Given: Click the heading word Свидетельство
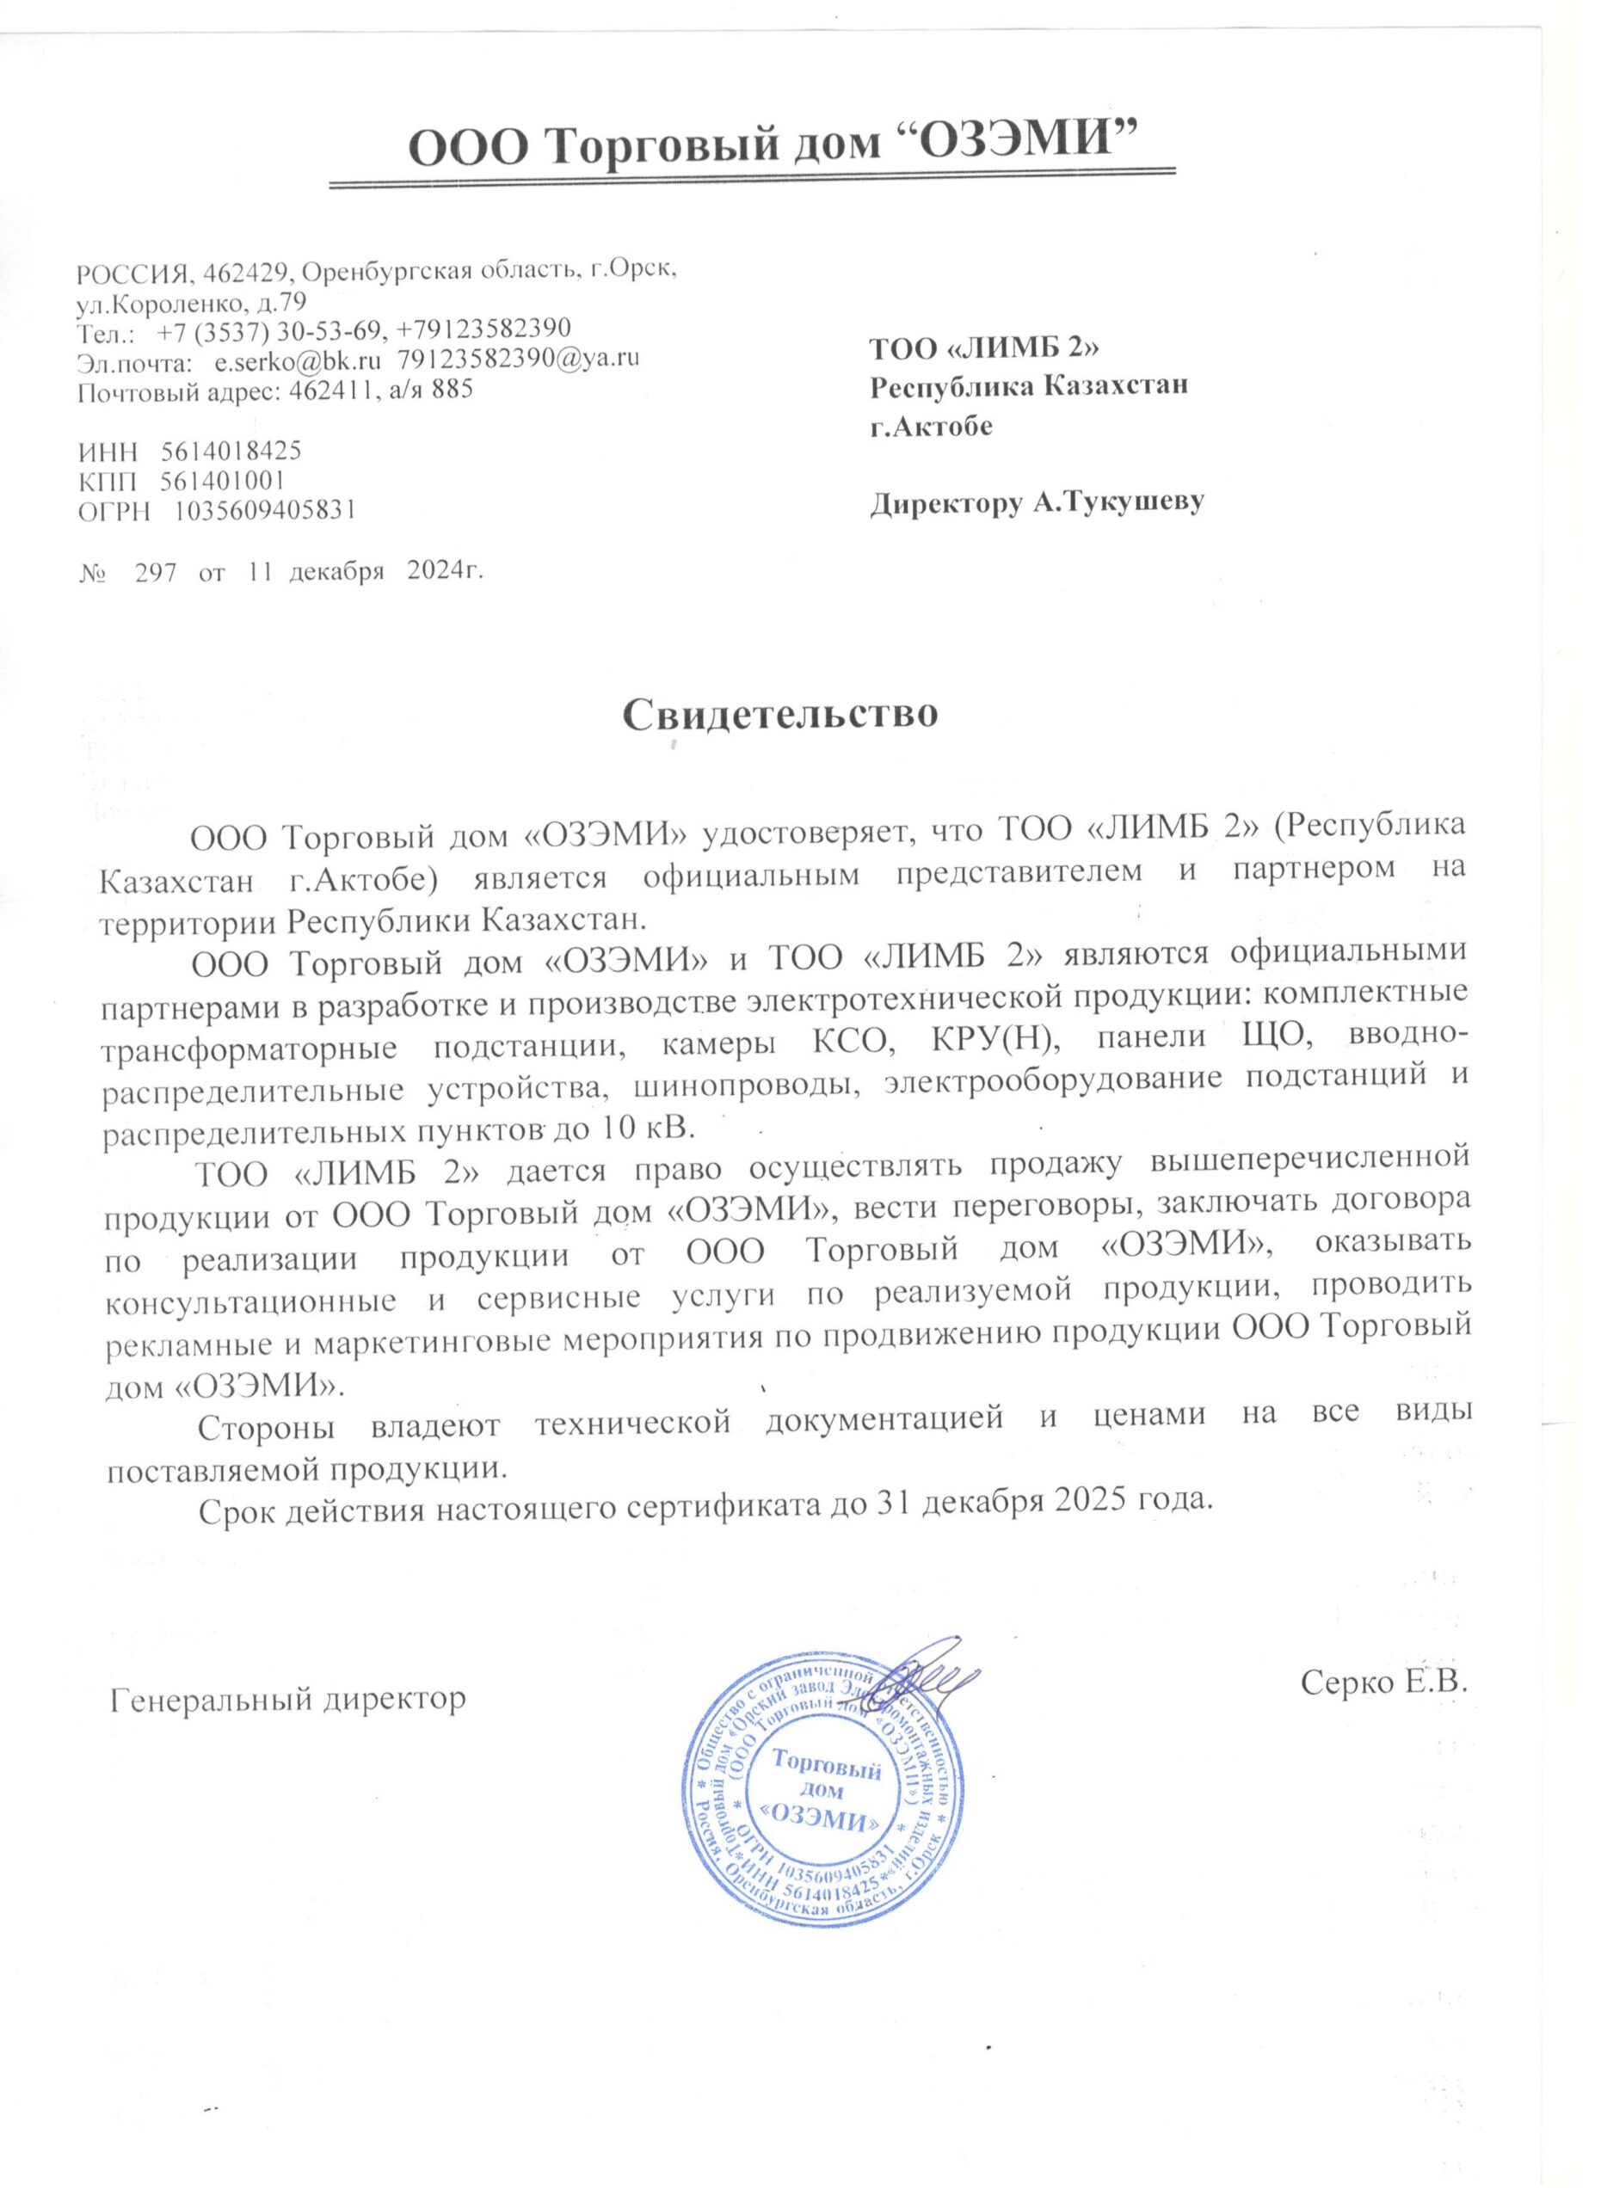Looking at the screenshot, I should pos(780,714).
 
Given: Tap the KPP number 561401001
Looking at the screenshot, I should pos(222,480).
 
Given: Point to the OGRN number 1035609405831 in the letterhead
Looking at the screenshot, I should pos(263,510).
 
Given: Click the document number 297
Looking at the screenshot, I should pos(156,573).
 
